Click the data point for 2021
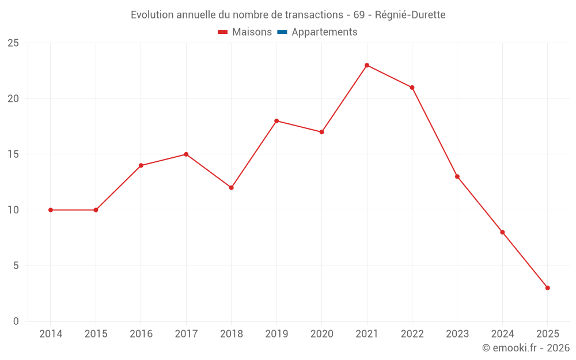pyautogui.click(x=367, y=65)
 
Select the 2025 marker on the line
pyautogui.click(x=547, y=288)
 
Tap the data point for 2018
pyautogui.click(x=231, y=188)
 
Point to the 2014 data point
pyautogui.click(x=51, y=210)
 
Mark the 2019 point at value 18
pyautogui.click(x=276, y=121)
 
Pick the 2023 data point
pyautogui.click(x=457, y=177)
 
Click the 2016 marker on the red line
pyautogui.click(x=141, y=165)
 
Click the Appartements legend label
pyautogui.click(x=324, y=32)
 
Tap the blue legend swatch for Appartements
pyautogui.click(x=282, y=32)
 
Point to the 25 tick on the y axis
pyautogui.click(x=13, y=43)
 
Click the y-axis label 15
pyautogui.click(x=13, y=154)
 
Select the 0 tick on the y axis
pyautogui.click(x=16, y=321)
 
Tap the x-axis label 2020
pyautogui.click(x=321, y=334)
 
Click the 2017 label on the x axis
pyautogui.click(x=186, y=334)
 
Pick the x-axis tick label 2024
pyautogui.click(x=502, y=334)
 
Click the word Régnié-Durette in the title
pyautogui.click(x=410, y=15)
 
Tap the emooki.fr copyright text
pyautogui.click(x=525, y=348)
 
